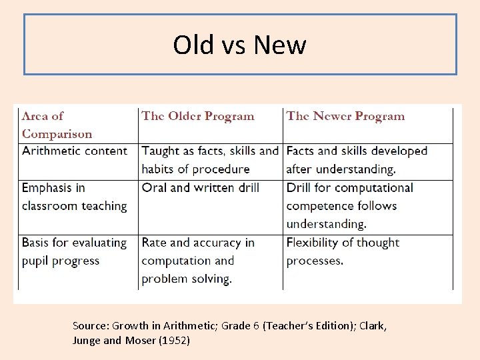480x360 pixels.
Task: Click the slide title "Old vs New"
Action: (239, 45)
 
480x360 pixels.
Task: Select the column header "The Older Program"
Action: (197, 116)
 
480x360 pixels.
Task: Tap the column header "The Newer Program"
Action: (345, 116)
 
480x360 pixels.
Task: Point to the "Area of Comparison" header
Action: (57, 125)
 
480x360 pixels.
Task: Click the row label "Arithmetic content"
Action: (74, 151)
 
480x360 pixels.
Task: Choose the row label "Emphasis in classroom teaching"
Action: (74, 197)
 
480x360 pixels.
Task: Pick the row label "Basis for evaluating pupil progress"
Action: (74, 251)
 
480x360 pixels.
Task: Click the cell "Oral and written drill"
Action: (200, 188)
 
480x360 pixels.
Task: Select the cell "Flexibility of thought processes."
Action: (343, 251)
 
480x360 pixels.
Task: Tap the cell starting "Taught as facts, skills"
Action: (209, 160)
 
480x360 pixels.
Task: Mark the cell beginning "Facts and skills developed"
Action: (356, 160)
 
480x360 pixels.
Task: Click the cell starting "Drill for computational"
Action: (349, 205)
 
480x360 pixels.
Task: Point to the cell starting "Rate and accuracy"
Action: (197, 261)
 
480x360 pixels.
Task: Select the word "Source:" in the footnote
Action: (90, 326)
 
